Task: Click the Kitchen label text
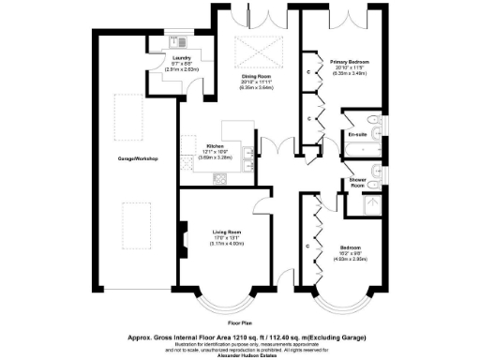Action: tap(215, 146)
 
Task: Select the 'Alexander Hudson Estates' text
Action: tap(240, 354)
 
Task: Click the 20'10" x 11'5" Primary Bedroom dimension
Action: tap(344, 67)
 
